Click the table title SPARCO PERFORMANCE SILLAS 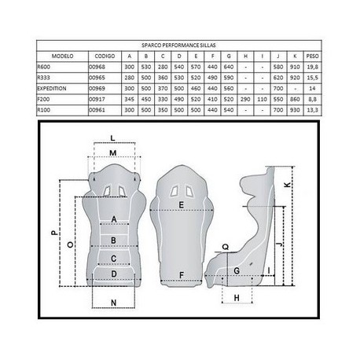(178, 46)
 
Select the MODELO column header (62, 56)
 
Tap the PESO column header (312, 56)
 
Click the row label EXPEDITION (52, 89)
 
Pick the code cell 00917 (97, 99)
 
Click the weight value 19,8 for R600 (312, 67)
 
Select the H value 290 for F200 (245, 99)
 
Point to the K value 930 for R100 (295, 110)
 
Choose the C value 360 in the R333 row (163, 78)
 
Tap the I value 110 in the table (262, 99)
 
